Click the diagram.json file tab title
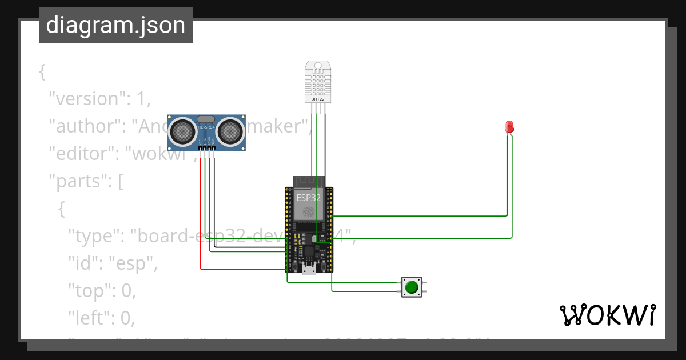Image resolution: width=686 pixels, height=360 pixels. click(x=115, y=25)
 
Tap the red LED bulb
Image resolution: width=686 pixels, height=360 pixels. click(x=509, y=126)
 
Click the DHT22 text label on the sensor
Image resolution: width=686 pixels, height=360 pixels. click(x=317, y=99)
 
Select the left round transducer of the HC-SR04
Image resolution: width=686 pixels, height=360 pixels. click(x=184, y=131)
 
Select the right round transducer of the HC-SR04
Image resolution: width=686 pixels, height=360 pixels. click(x=229, y=131)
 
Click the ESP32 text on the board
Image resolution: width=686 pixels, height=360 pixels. click(x=308, y=198)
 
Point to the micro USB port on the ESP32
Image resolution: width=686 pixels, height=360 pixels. click(x=309, y=270)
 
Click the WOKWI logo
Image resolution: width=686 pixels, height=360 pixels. click(x=607, y=315)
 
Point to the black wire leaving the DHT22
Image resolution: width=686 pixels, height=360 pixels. click(x=325, y=143)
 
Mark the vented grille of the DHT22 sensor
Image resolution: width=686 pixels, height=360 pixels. click(x=317, y=80)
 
